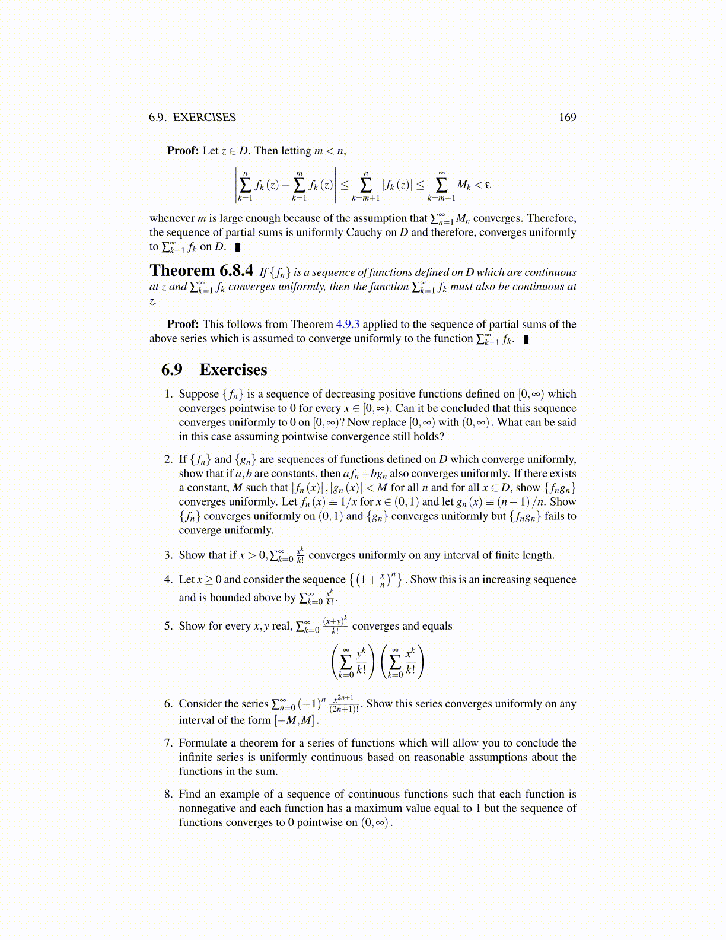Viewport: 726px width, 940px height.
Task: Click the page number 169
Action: click(x=567, y=117)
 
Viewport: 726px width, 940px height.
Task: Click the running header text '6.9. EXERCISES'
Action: click(x=192, y=117)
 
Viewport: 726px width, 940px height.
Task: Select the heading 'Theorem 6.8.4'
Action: click(x=202, y=271)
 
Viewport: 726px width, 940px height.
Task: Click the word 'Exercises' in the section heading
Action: click(x=233, y=370)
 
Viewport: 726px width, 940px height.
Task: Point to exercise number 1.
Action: click(x=168, y=394)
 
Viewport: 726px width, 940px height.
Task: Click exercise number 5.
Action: click(x=168, y=626)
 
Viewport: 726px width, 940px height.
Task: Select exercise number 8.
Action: click(x=168, y=794)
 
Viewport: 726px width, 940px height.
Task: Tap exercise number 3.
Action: click(x=168, y=555)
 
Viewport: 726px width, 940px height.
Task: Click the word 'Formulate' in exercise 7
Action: click(x=203, y=743)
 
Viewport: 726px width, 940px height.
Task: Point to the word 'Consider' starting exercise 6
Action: click(x=200, y=704)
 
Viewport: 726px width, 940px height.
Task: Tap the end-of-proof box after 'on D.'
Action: click(x=238, y=247)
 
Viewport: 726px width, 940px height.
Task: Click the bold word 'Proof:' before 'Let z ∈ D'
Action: click(x=183, y=151)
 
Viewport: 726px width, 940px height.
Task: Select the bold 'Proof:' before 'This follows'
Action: click(x=183, y=324)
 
